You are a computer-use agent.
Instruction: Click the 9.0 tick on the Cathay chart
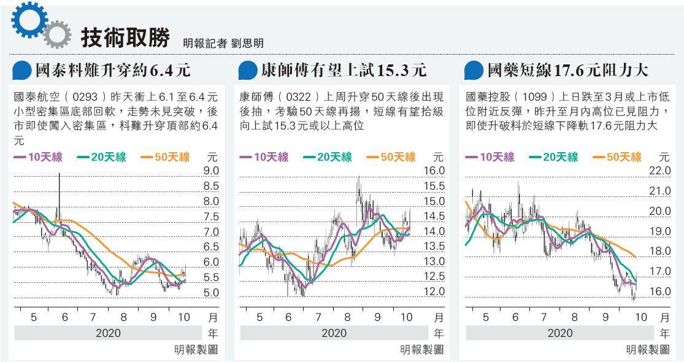[211, 171]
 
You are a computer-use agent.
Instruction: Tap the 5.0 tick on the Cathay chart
[211, 293]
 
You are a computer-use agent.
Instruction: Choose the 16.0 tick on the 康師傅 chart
[434, 171]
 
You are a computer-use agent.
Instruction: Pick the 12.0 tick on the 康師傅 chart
[434, 291]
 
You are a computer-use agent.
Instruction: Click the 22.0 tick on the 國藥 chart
[660, 171]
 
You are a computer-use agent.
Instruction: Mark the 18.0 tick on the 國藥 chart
[660, 251]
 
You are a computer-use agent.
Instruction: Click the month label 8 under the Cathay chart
[124, 317]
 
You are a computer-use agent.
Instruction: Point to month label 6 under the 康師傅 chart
[288, 317]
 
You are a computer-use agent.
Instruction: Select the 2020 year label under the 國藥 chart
[559, 333]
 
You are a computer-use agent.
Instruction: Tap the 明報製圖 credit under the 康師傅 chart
[422, 349]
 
